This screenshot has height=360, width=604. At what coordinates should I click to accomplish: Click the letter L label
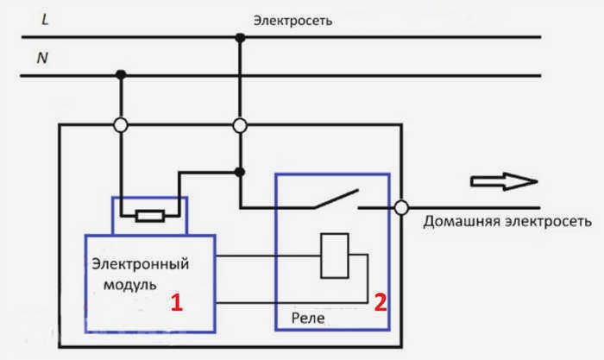pyautogui.click(x=45, y=19)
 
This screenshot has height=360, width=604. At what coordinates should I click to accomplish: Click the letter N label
pyautogui.click(x=42, y=58)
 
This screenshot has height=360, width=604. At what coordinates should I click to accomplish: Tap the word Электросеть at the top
pyautogui.click(x=293, y=21)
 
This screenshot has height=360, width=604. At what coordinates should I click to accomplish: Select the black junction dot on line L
pyautogui.click(x=240, y=38)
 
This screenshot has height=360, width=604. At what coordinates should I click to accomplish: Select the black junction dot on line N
pyautogui.click(x=121, y=74)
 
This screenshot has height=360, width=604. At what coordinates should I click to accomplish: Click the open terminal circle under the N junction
pyautogui.click(x=121, y=125)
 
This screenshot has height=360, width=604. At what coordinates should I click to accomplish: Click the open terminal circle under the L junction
pyautogui.click(x=240, y=125)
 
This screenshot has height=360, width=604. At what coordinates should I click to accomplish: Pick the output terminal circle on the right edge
pyautogui.click(x=401, y=208)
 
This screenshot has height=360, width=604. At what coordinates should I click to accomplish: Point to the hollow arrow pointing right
pyautogui.click(x=504, y=181)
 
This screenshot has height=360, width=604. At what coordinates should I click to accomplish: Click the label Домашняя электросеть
pyautogui.click(x=507, y=222)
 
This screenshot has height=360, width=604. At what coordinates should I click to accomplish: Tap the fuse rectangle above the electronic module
pyautogui.click(x=150, y=216)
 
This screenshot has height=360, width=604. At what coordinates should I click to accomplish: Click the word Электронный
pyautogui.click(x=140, y=264)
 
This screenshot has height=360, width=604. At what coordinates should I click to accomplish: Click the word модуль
pyautogui.click(x=130, y=285)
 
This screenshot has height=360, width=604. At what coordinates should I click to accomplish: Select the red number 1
pyautogui.click(x=176, y=302)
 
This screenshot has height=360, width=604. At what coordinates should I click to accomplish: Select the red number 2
pyautogui.click(x=381, y=302)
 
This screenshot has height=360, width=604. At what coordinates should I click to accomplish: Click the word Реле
pyautogui.click(x=308, y=319)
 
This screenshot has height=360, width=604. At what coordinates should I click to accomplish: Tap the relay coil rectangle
pyautogui.click(x=335, y=256)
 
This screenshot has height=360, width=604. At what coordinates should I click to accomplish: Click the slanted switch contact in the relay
pyautogui.click(x=337, y=199)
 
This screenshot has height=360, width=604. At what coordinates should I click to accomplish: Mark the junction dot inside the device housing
pyautogui.click(x=240, y=172)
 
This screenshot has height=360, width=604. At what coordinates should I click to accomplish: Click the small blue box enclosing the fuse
pyautogui.click(x=149, y=198)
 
